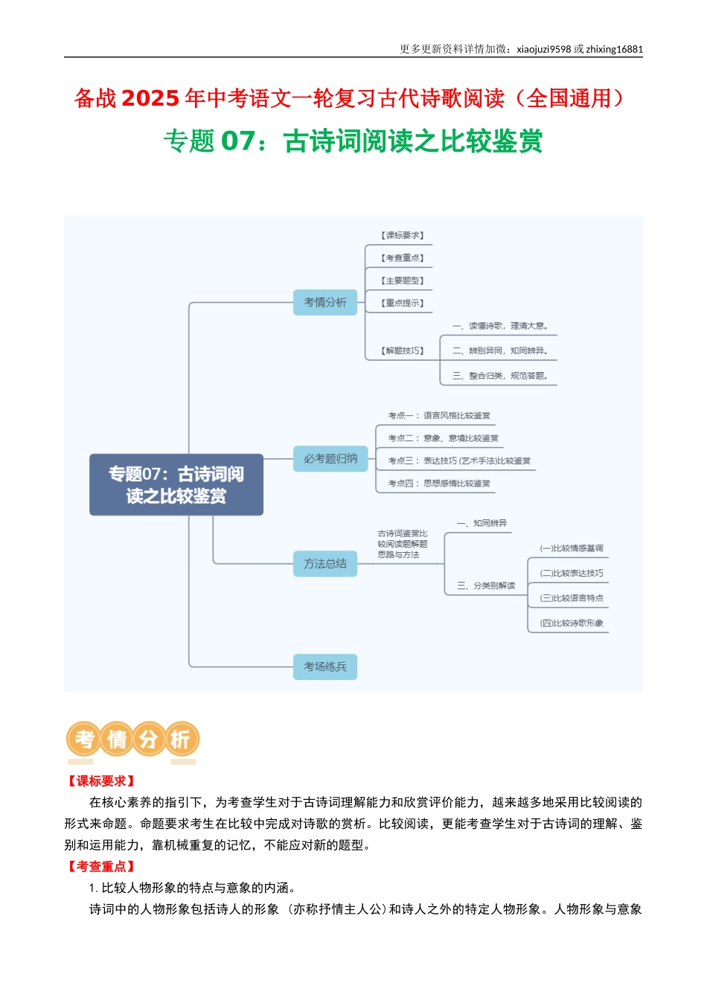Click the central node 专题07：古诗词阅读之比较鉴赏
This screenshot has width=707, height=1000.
(176, 484)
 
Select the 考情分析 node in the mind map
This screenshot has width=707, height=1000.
(325, 302)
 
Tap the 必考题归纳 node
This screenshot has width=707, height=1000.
(330, 458)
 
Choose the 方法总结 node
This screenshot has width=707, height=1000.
(325, 563)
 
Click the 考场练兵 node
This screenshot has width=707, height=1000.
(325, 667)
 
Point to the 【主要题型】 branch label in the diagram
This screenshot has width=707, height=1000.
(403, 281)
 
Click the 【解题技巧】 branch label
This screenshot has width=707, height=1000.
(403, 350)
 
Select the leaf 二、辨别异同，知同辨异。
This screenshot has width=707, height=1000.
(500, 350)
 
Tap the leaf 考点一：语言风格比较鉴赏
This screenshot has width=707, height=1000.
(439, 415)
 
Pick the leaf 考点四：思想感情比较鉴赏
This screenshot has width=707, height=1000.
(439, 483)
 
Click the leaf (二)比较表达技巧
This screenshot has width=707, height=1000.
(572, 573)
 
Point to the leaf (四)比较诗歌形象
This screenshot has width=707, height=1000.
(572, 623)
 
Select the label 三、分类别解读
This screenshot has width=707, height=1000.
(486, 586)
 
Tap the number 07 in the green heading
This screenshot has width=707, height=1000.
(238, 141)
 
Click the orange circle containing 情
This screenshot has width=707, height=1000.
(117, 740)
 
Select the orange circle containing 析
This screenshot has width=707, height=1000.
(181, 740)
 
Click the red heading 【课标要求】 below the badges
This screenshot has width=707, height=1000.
(100, 781)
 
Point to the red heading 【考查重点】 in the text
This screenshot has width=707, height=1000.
(100, 866)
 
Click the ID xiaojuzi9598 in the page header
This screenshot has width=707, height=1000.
(543, 49)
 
